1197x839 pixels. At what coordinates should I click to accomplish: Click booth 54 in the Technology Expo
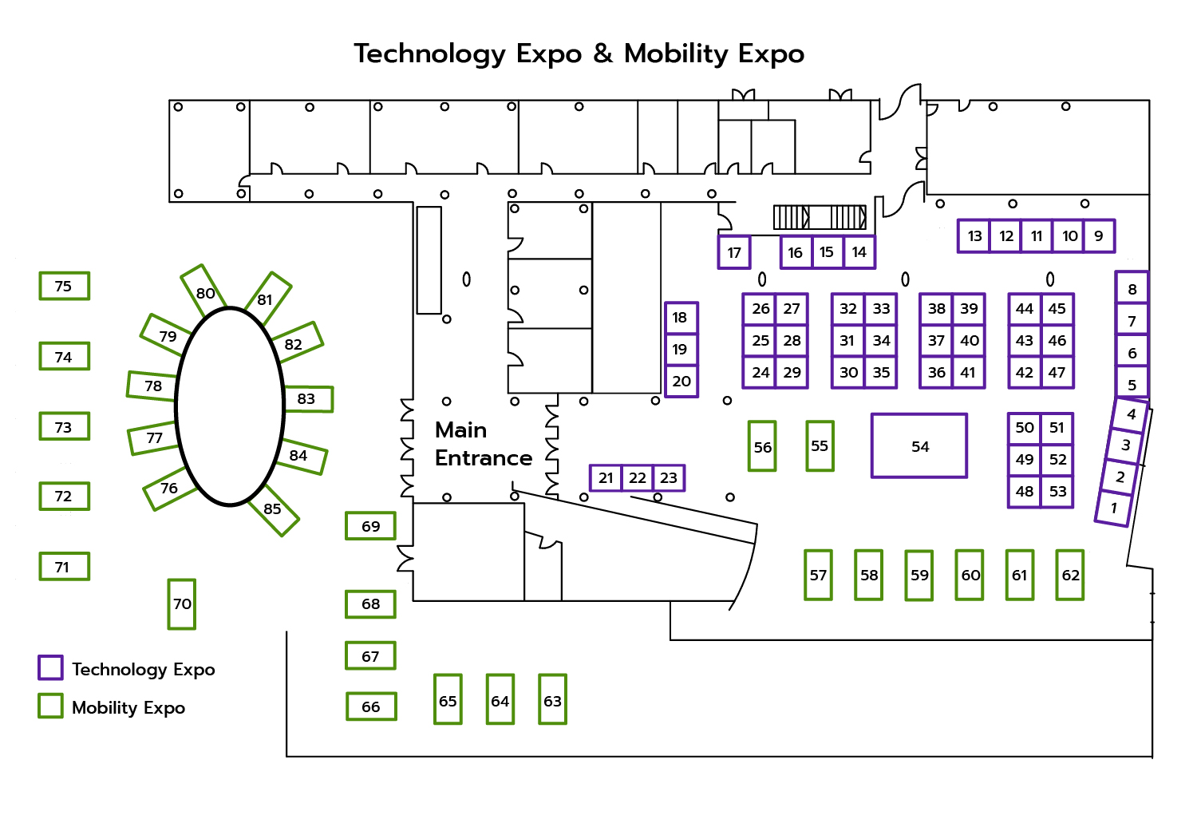point(919,445)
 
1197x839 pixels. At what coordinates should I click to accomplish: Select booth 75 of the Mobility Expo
point(64,286)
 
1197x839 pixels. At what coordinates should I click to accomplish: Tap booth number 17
point(734,252)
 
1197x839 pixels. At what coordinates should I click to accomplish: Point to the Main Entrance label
point(482,444)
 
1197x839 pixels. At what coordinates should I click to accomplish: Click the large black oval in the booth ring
point(230,406)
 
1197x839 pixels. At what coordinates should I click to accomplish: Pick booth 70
point(182,604)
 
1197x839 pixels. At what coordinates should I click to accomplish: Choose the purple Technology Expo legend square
point(50,667)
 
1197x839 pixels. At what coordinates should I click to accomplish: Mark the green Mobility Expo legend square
point(50,706)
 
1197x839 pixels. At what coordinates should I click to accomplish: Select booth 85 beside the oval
point(273,509)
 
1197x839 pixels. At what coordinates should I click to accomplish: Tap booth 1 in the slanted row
point(1113,508)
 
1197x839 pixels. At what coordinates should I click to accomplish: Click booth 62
point(1070,575)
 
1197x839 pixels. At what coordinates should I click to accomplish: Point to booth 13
point(974,236)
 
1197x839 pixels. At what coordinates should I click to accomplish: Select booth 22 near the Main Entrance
point(637,477)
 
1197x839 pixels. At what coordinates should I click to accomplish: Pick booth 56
point(763,446)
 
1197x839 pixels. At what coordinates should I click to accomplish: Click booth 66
point(371,706)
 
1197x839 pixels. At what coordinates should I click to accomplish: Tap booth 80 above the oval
point(204,292)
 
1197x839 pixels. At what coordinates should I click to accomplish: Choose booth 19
point(681,349)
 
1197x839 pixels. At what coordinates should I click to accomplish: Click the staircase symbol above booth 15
point(820,216)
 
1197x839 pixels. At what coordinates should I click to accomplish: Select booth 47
point(1057,372)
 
